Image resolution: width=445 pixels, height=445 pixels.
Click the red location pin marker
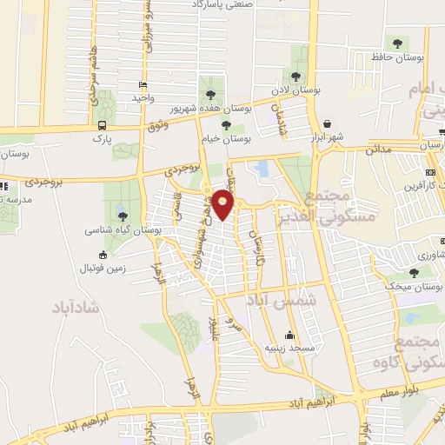(x=224, y=204)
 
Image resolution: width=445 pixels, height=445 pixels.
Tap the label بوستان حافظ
(x=395, y=57)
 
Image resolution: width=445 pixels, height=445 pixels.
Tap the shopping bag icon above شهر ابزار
(x=328, y=123)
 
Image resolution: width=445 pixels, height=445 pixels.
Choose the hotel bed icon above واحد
(x=143, y=85)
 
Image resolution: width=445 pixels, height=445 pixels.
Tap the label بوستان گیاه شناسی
(x=121, y=231)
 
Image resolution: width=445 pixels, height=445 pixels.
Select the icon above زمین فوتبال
(x=104, y=255)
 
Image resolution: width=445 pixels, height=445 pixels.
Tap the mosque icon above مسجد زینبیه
(x=289, y=334)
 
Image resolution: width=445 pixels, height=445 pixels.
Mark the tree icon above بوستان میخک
(x=414, y=270)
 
